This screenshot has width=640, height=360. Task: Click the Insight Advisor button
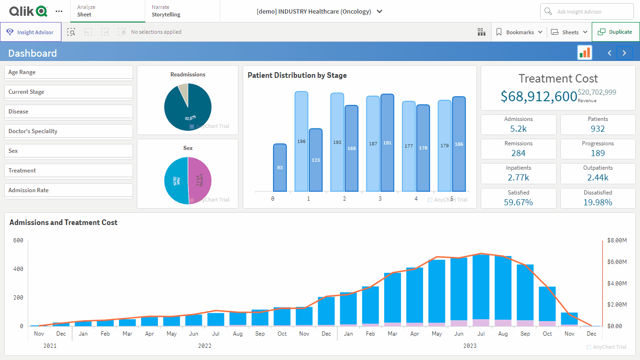(31, 32)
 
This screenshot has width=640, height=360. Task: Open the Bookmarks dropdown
(519, 32)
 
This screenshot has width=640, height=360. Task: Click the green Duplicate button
(615, 32)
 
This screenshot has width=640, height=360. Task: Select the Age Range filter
(68, 72)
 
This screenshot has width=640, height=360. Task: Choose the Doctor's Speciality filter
(68, 131)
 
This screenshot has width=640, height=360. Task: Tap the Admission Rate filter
(68, 190)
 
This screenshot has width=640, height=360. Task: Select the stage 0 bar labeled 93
(280, 167)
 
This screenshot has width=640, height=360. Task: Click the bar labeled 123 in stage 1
(315, 160)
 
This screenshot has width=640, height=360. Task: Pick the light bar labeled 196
(301, 141)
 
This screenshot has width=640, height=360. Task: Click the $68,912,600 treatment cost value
(538, 96)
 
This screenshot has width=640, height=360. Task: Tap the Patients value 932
(598, 129)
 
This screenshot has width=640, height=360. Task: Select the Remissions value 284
(518, 153)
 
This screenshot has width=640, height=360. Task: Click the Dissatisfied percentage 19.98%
(598, 202)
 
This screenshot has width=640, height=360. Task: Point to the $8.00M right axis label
(617, 240)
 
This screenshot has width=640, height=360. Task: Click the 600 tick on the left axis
(18, 240)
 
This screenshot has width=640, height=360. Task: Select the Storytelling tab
(166, 15)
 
